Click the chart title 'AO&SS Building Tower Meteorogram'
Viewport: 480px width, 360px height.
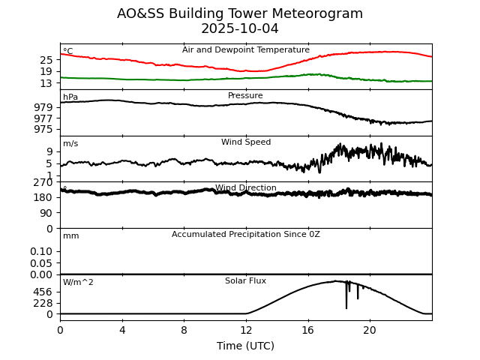pos(240,13)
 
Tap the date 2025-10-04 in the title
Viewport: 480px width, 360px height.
pos(240,29)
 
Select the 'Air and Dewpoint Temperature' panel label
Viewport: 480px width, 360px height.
pos(246,50)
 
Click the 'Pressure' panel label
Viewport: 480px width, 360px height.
pos(245,96)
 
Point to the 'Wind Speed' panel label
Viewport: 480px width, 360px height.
pos(246,142)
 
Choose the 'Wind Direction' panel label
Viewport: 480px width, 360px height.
pos(246,188)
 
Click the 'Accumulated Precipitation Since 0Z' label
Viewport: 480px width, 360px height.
pos(246,235)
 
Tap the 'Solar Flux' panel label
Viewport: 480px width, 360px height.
pos(246,281)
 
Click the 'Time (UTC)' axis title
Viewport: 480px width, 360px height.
pos(246,346)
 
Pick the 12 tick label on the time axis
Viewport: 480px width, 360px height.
pos(246,330)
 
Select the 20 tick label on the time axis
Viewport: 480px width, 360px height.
pos(370,330)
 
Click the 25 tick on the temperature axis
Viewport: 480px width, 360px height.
pos(46,60)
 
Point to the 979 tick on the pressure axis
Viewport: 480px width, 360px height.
pos(43,107)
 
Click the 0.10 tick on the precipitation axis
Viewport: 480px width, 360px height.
pos(42,251)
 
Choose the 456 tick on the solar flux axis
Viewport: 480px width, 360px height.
pos(43,292)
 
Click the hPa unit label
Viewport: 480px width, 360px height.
pos(70,97)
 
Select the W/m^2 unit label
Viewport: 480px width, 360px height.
pos(78,283)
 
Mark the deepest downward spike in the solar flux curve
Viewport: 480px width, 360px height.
pos(346,307)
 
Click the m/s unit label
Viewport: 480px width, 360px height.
pos(70,144)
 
